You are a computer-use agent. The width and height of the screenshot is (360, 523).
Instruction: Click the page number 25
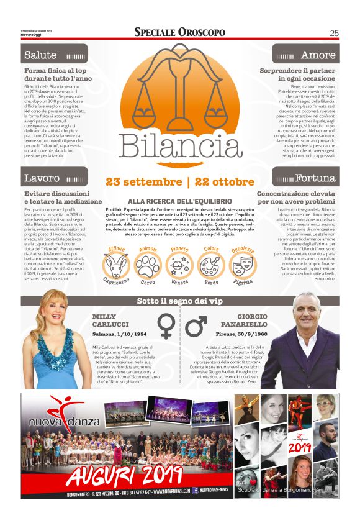333,33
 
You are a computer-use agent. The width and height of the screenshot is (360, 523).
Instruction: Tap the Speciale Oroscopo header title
179,32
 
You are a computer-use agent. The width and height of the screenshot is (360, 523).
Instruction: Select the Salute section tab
40,55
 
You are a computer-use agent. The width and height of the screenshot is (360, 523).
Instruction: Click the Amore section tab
319,55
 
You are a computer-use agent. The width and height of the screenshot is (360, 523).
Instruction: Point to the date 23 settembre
143,183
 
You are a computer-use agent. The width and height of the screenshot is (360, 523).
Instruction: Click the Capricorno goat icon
117,265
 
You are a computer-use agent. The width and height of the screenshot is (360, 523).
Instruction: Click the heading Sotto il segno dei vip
180,302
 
